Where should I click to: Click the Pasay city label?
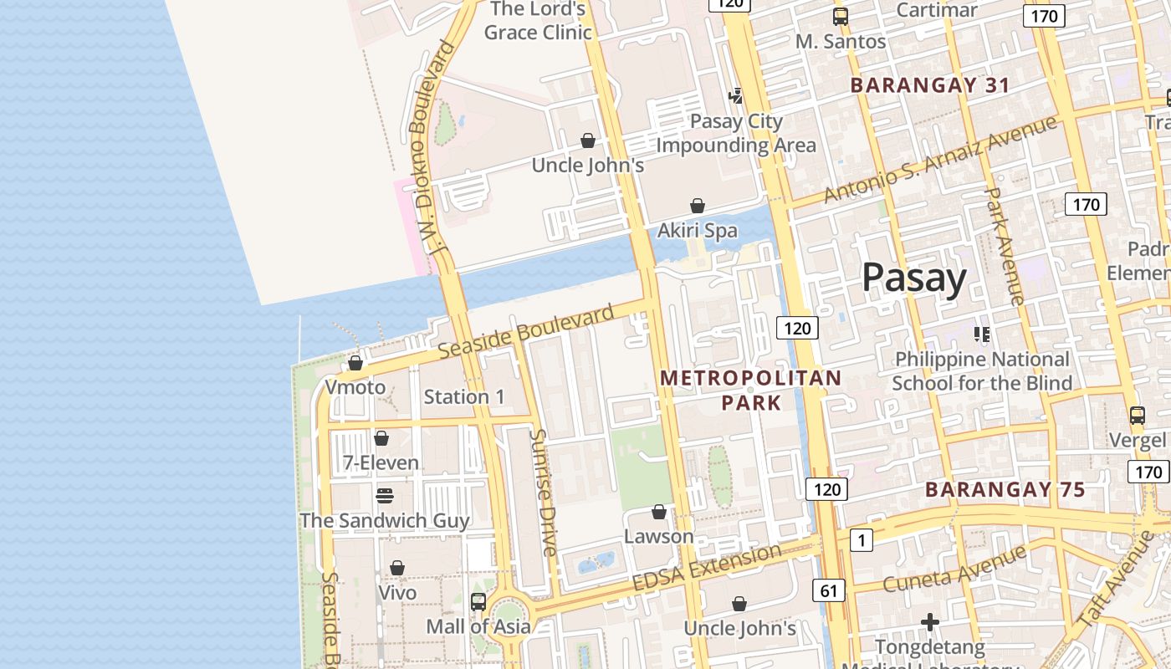tap(913, 277)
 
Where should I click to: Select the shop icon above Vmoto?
tap(355, 364)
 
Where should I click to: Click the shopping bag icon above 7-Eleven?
tap(381, 438)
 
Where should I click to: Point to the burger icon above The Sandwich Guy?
tap(385, 496)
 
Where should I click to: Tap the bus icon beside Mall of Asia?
tap(478, 601)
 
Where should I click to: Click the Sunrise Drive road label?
tap(543, 493)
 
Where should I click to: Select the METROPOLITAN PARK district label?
tap(750, 391)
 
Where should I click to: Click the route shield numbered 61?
tap(828, 590)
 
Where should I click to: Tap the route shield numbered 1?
tap(862, 540)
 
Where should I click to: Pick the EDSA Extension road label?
tap(707, 567)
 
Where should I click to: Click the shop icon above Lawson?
tap(659, 512)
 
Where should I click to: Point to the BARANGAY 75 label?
tap(1005, 490)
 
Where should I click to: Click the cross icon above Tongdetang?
tap(930, 622)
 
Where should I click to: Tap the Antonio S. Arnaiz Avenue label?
tap(940, 159)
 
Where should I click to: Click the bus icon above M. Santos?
tap(841, 16)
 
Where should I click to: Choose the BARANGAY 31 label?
tap(930, 85)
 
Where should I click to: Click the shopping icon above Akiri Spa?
tap(697, 206)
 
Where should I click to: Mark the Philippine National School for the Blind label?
tap(982, 371)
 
